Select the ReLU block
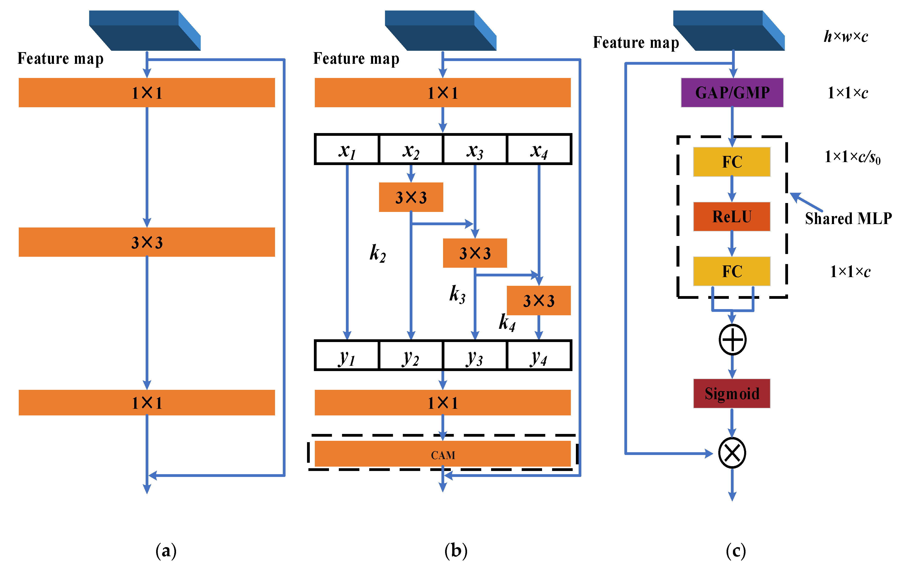click(731, 217)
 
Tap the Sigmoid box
click(731, 393)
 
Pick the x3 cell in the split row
click(475, 150)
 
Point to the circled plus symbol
click(732, 340)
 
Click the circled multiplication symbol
click(732, 453)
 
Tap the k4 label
click(507, 322)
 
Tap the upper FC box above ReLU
click(731, 162)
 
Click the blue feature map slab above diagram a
click(145, 31)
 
